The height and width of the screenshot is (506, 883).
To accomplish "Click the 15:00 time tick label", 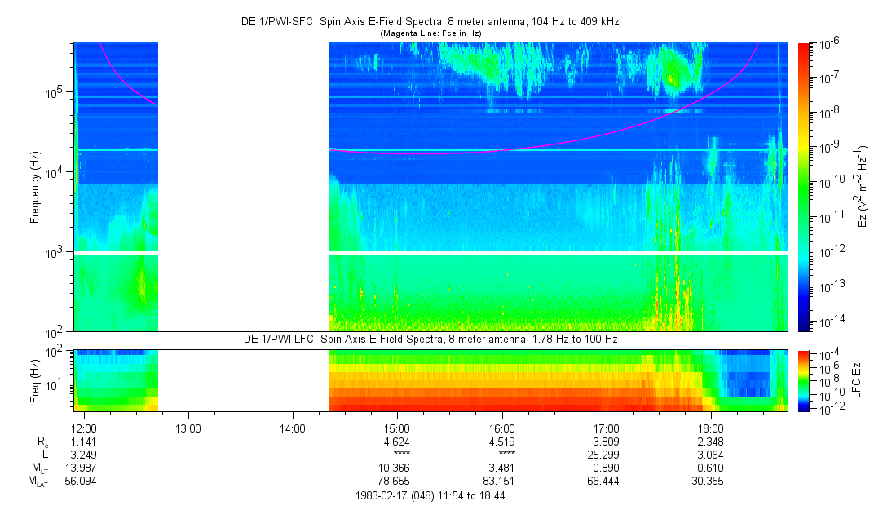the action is tap(397, 428).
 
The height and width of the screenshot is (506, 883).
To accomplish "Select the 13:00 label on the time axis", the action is tap(188, 428).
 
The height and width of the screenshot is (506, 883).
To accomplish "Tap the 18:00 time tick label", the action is tap(711, 428).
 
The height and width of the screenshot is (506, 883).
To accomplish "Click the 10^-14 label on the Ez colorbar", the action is tap(829, 322).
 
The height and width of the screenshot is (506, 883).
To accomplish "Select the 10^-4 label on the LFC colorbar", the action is tap(828, 356).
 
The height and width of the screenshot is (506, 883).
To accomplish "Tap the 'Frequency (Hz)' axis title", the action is tap(35, 187).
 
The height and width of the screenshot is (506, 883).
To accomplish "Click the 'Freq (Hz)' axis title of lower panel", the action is tap(35, 380).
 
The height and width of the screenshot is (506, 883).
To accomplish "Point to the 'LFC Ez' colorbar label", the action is tap(857, 380).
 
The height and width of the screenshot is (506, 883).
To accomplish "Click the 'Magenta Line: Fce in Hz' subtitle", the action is tap(430, 33).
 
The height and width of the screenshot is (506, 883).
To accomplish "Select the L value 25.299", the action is tap(606, 455).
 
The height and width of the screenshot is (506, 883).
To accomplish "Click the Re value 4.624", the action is tap(397, 442).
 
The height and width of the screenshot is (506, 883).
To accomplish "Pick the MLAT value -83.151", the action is tap(497, 482).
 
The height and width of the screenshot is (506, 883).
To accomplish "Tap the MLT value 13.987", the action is tap(83, 468).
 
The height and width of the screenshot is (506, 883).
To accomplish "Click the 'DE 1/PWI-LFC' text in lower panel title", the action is tap(279, 340).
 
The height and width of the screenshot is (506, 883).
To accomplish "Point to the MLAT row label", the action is tap(38, 482).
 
